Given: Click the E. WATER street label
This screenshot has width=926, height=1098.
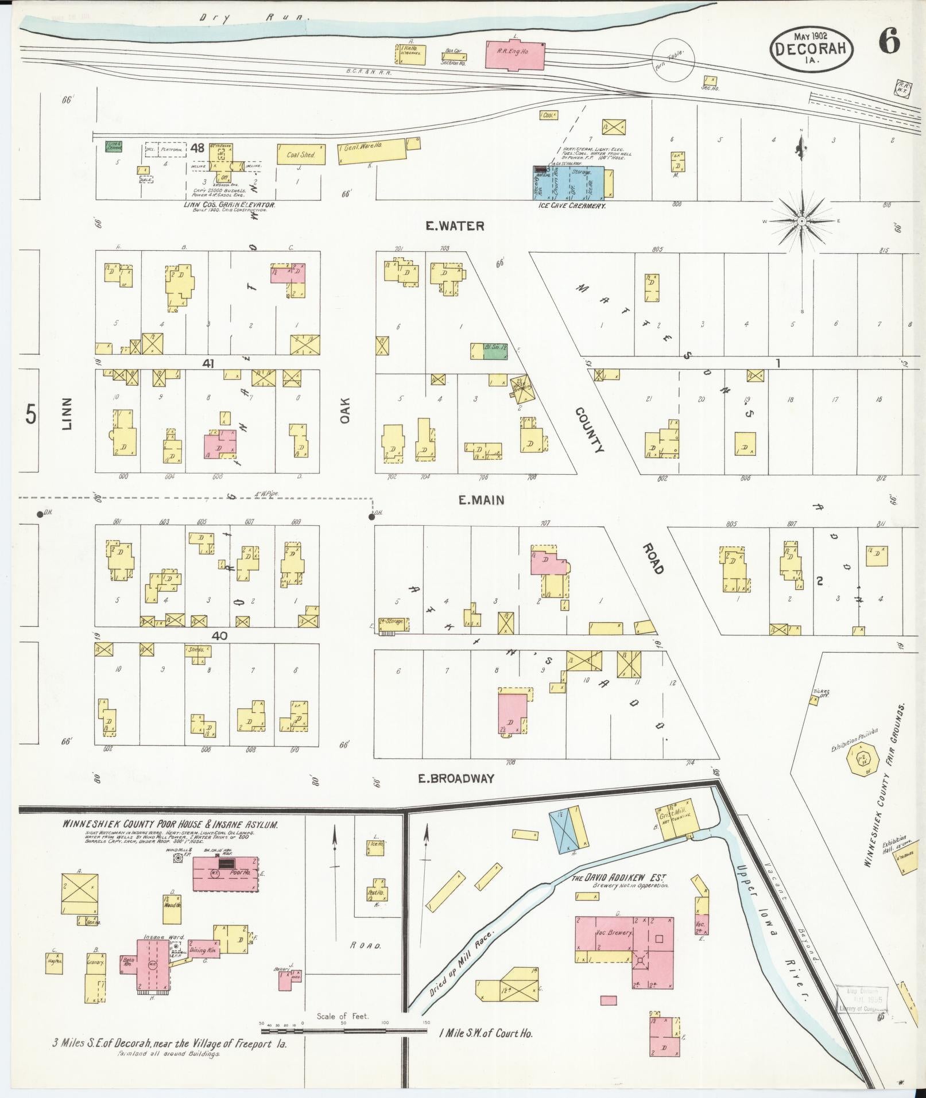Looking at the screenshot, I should click(x=454, y=226).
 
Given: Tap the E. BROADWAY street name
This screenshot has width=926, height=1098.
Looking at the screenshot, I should click(x=456, y=779).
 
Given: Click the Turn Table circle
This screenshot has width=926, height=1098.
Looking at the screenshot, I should click(x=675, y=59).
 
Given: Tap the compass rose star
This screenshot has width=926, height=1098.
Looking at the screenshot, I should click(x=801, y=221).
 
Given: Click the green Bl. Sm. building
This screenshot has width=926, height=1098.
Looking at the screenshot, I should click(x=495, y=351).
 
